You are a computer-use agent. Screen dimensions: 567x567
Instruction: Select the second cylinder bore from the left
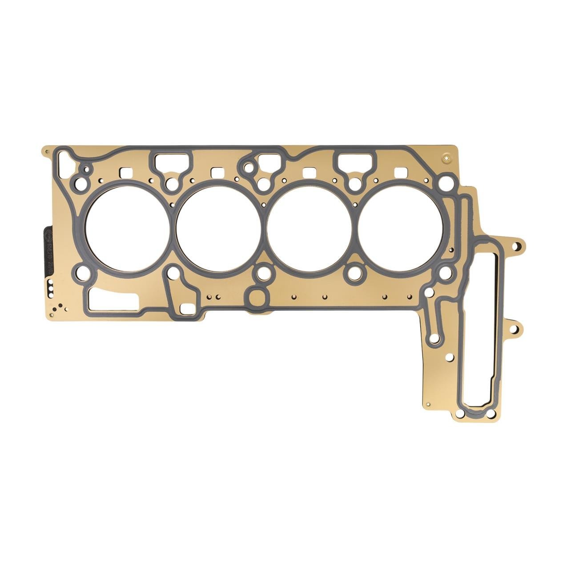(x=218, y=228)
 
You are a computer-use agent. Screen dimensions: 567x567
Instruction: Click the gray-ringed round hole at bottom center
(x=257, y=298)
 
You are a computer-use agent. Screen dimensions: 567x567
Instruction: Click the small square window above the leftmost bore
(x=128, y=172)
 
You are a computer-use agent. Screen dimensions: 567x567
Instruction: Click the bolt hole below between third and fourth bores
(x=354, y=273)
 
